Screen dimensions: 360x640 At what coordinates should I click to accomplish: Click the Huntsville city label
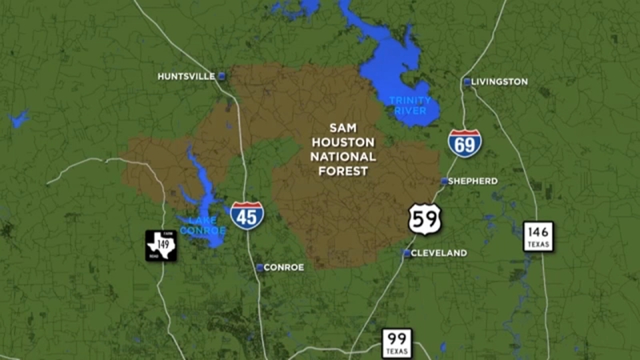point(186,76)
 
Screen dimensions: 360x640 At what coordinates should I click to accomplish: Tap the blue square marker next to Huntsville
point(222,76)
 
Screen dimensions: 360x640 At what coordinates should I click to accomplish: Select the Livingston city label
point(499,82)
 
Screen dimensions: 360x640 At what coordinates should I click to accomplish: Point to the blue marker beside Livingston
point(467,82)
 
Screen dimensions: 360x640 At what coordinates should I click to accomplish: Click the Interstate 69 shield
point(465,142)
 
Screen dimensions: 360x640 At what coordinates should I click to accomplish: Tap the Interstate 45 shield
point(246,215)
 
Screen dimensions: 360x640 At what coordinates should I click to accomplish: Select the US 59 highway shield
point(424,218)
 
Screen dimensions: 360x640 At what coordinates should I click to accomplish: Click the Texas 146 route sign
point(538,236)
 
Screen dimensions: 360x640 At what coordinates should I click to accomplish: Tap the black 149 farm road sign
point(161,245)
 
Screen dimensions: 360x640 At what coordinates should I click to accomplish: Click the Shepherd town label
point(474,181)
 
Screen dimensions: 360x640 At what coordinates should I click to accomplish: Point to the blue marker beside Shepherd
point(445,182)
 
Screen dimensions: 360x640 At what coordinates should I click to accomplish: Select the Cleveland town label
point(440,253)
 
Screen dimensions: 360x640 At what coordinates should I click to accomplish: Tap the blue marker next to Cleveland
point(406,253)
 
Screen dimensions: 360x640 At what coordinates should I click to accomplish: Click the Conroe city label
point(285,267)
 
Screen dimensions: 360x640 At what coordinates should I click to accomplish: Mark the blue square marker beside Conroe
point(260,267)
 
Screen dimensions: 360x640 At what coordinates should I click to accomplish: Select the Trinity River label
point(410,105)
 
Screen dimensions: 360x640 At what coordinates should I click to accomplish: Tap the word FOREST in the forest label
point(343,170)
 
